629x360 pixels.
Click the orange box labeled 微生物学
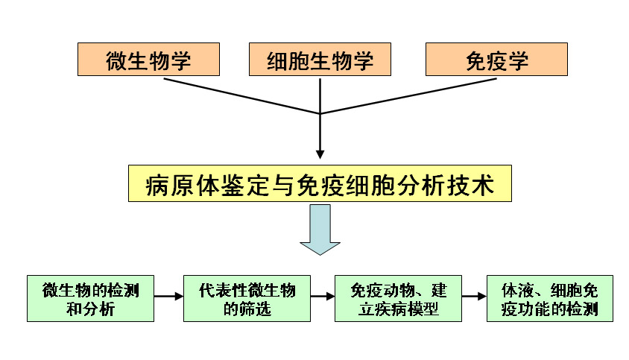coord(148,59)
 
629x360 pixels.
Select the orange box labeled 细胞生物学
coord(320,59)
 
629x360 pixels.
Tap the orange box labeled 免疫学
coord(496,59)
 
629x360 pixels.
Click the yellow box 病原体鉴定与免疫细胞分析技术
coord(320,183)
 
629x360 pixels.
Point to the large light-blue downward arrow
coord(320,231)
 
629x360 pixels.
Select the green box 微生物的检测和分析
coord(90,299)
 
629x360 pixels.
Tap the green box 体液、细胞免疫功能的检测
coord(549,299)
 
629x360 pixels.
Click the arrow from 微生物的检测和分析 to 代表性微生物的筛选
coord(168,297)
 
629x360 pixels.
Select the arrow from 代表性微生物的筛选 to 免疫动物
coord(323,297)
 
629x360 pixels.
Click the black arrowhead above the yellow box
coord(320,154)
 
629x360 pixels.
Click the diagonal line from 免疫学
coord(410,95)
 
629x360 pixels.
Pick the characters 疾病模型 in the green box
coord(408,309)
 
